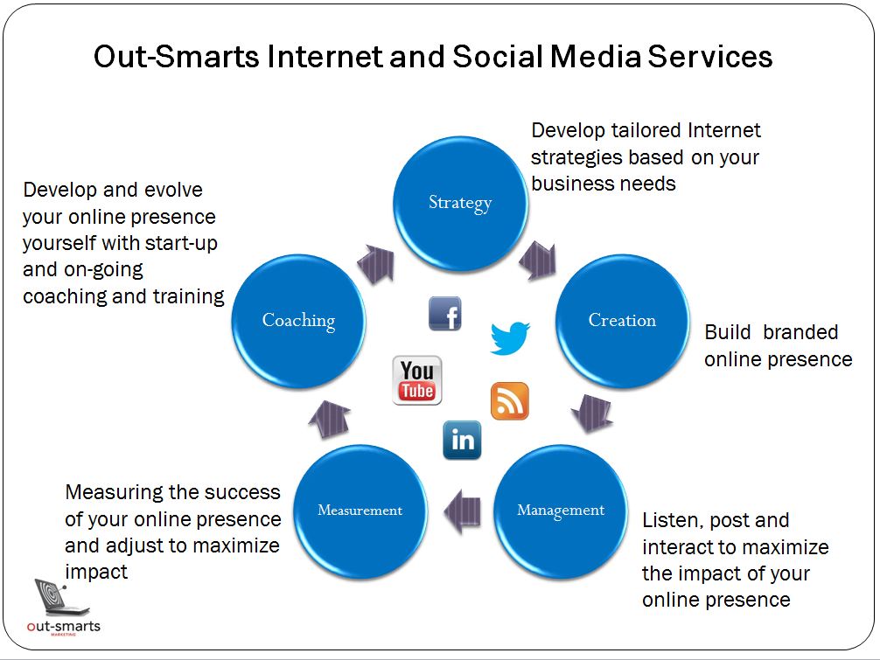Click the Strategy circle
(460, 204)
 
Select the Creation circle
(623, 321)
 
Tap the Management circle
(561, 511)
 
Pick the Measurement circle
(360, 511)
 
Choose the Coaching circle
(298, 321)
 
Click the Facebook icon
(445, 314)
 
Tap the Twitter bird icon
(510, 337)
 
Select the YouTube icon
(417, 380)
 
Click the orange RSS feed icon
(510, 401)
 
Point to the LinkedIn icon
(462, 441)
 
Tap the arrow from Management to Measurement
(462, 511)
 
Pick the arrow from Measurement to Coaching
(330, 419)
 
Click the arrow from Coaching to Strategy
(377, 263)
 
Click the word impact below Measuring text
(96, 573)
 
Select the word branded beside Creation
(800, 332)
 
